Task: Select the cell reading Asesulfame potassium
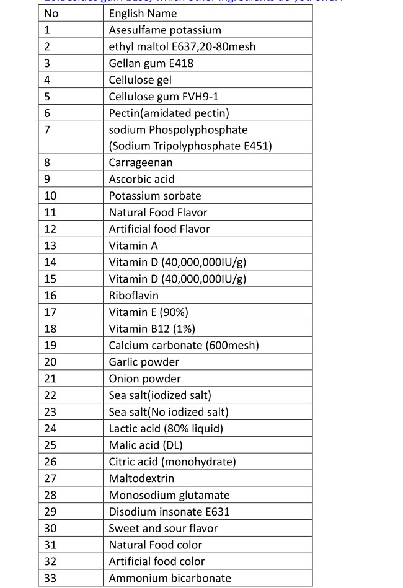coord(165,30)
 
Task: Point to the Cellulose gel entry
coord(140,80)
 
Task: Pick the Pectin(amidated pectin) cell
coord(169,113)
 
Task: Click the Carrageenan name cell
coord(141,163)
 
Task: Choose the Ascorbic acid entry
coord(141,179)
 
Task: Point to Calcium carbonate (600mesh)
coord(184,346)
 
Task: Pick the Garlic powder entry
coord(144,362)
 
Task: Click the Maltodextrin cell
coord(141,478)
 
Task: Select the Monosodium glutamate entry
coord(169,495)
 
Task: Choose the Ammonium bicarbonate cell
coord(169,578)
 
